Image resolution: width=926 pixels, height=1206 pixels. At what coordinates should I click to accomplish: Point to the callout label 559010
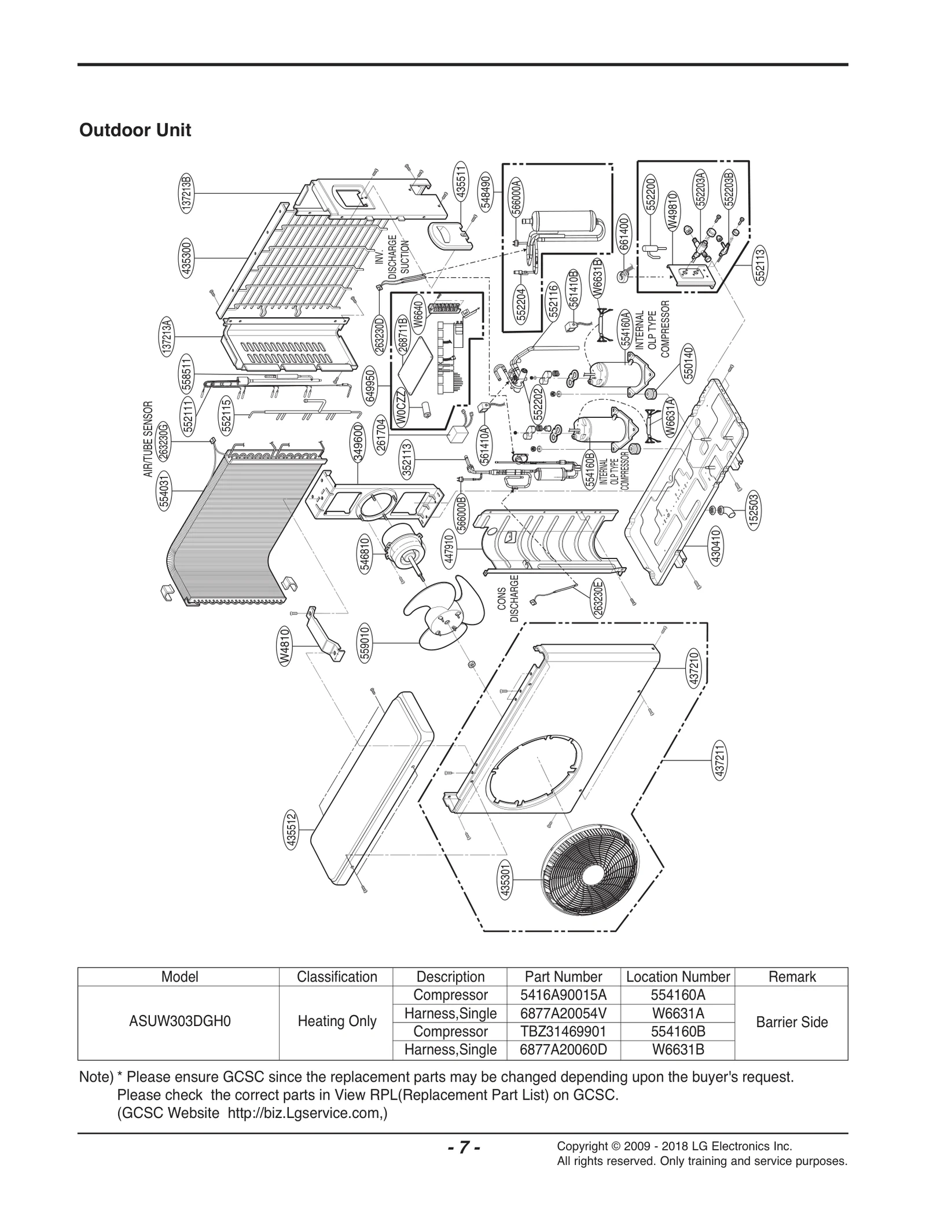(365, 643)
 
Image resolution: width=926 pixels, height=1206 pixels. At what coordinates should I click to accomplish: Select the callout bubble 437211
(719, 759)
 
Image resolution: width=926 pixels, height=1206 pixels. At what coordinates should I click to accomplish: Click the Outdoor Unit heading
(135, 131)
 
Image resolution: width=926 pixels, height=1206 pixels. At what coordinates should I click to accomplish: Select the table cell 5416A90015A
(563, 995)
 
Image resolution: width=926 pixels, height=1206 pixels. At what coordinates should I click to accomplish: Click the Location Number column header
(678, 977)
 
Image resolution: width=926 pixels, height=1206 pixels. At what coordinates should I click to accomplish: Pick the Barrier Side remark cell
(791, 1022)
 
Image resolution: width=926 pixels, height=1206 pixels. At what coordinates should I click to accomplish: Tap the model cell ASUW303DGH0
(179, 1021)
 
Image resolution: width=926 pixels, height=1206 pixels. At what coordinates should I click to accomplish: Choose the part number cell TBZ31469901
(563, 1031)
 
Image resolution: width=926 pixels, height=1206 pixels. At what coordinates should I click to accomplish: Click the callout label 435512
(292, 832)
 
